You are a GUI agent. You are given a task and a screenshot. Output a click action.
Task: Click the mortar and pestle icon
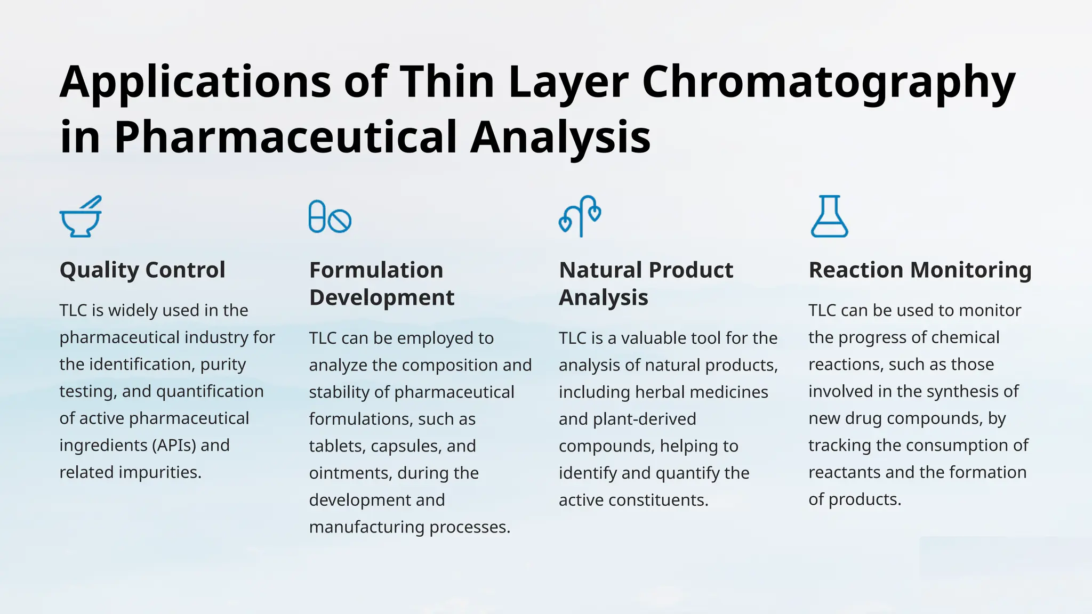(80, 217)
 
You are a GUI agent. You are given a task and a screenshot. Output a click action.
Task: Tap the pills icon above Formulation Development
(330, 217)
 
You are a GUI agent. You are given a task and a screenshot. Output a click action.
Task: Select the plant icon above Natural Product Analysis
(580, 217)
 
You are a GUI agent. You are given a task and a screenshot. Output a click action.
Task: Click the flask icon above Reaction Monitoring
(829, 217)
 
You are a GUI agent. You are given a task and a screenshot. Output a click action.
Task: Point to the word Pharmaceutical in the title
(285, 138)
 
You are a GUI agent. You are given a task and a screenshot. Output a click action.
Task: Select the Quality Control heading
(142, 270)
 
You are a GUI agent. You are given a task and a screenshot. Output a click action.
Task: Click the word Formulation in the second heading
(376, 270)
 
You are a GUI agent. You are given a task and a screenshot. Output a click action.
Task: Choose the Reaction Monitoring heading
(920, 270)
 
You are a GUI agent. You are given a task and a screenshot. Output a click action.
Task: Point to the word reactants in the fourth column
(844, 472)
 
